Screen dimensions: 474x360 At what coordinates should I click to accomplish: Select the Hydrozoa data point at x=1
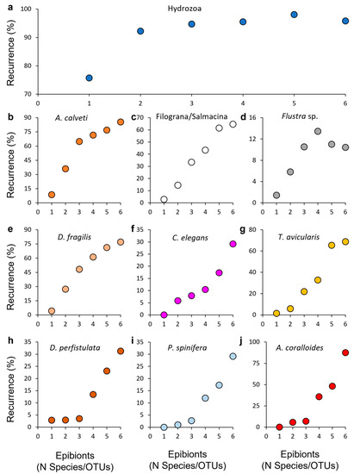coord(89,78)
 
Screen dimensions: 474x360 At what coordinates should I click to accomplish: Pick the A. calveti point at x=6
coord(121,122)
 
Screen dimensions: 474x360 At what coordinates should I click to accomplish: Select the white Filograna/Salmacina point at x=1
coord(164,200)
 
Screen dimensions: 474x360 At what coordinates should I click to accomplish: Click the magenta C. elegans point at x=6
coord(233,244)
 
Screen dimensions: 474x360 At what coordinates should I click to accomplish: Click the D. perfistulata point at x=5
coord(107,371)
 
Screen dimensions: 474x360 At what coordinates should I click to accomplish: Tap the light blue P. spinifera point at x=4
coord(205,398)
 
